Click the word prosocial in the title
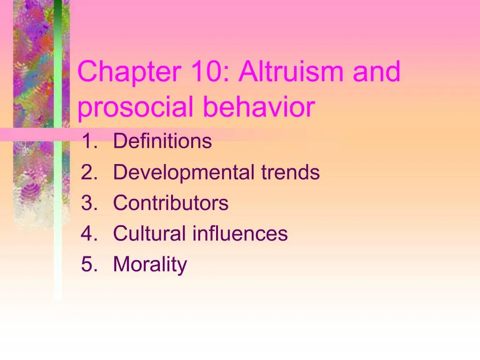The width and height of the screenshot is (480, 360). (x=135, y=107)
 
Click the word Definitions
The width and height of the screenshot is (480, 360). (x=162, y=141)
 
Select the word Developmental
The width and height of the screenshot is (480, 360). (x=183, y=172)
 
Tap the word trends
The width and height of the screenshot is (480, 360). (x=290, y=172)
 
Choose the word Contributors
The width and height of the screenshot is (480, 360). (x=171, y=203)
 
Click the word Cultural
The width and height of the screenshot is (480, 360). (x=149, y=233)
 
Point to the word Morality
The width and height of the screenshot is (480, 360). (x=150, y=265)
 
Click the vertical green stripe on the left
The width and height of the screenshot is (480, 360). (x=58, y=187)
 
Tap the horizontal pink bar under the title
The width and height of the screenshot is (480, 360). (x=28, y=135)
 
